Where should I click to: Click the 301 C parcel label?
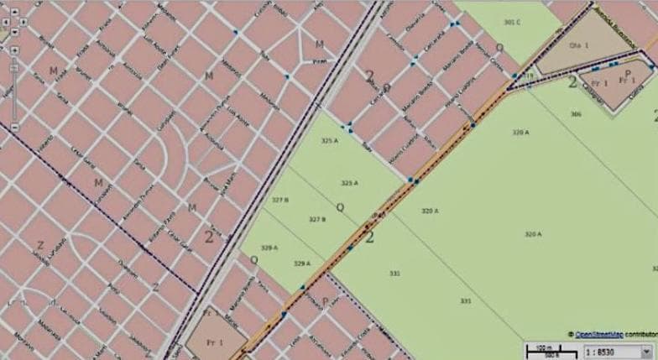tap(511, 21)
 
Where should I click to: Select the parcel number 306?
tap(576, 113)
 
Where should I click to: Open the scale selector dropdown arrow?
tap(645, 349)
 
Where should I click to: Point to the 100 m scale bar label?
tap(541, 345)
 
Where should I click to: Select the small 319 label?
tap(530, 76)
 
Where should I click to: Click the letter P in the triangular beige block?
tap(627, 74)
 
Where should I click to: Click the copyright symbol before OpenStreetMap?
tap(571, 333)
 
